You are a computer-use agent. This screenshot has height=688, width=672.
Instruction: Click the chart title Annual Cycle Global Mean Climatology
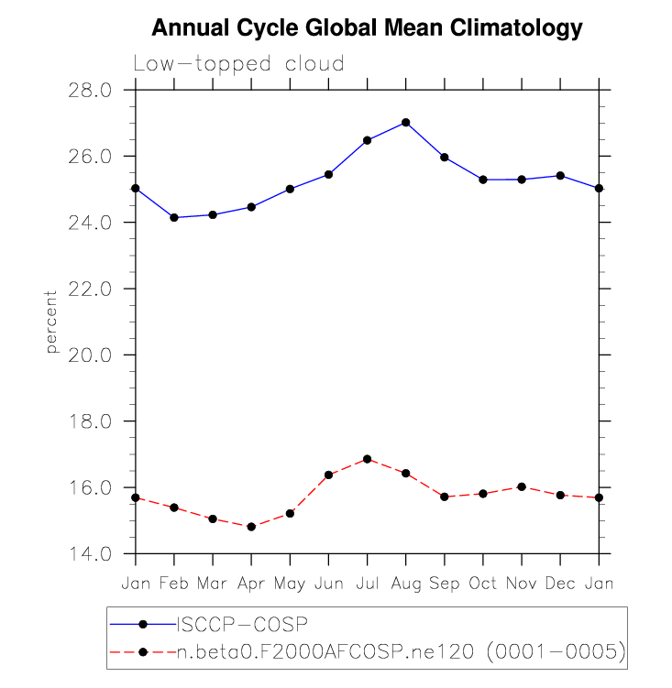[367, 28]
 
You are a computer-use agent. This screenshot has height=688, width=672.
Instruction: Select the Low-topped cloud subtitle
[238, 64]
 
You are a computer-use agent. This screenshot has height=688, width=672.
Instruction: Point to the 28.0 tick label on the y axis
[90, 90]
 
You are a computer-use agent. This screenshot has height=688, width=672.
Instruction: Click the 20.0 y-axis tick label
[90, 355]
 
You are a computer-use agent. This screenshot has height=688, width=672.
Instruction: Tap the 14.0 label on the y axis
[90, 554]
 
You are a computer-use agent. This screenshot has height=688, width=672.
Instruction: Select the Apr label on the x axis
[251, 583]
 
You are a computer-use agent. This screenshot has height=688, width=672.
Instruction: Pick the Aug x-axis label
[405, 583]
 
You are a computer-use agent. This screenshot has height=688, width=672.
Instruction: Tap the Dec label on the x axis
[560, 583]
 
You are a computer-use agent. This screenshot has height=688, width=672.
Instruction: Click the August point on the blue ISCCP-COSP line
[405, 123]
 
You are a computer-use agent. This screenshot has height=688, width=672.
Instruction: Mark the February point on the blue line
[174, 217]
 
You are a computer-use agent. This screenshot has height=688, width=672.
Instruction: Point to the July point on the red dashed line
[367, 459]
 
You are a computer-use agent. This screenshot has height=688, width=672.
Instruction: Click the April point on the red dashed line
[251, 527]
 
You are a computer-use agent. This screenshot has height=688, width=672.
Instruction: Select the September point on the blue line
[445, 157]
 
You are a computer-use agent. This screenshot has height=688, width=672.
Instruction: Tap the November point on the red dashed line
[522, 486]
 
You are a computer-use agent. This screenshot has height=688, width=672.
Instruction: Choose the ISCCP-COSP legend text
[242, 624]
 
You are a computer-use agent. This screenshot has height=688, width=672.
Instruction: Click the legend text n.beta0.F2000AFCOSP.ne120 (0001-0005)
[401, 651]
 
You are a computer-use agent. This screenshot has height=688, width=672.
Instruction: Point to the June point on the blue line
[328, 174]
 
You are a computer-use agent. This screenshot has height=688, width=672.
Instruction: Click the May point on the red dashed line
[290, 513]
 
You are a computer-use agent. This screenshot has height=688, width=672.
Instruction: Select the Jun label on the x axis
[328, 583]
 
